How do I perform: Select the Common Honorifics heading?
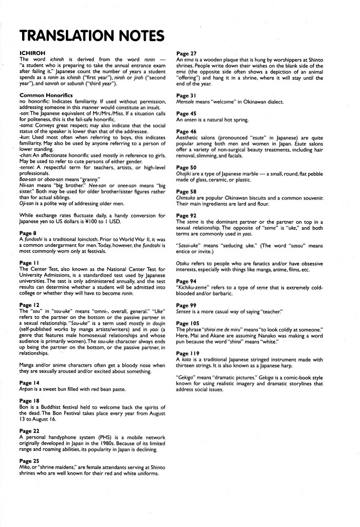point(46,95)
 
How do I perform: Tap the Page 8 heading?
point(28,233)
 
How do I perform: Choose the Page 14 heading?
point(29,383)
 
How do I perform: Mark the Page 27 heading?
point(186,53)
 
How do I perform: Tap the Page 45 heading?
point(186,113)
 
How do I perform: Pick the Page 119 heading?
point(188,353)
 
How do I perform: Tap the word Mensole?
point(187,102)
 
